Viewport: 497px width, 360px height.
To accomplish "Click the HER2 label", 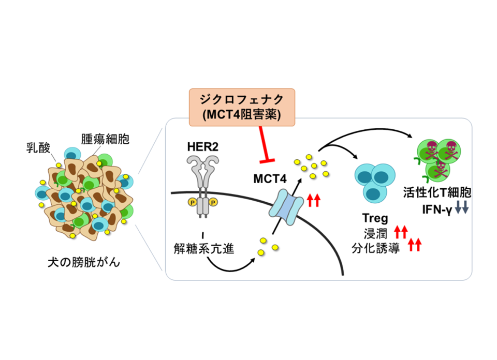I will click(x=202, y=147).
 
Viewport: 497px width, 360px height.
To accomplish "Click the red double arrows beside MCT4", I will click(x=314, y=200).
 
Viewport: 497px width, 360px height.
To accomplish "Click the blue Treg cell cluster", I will click(x=373, y=182).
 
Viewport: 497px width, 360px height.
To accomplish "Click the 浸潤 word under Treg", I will click(x=376, y=231).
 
